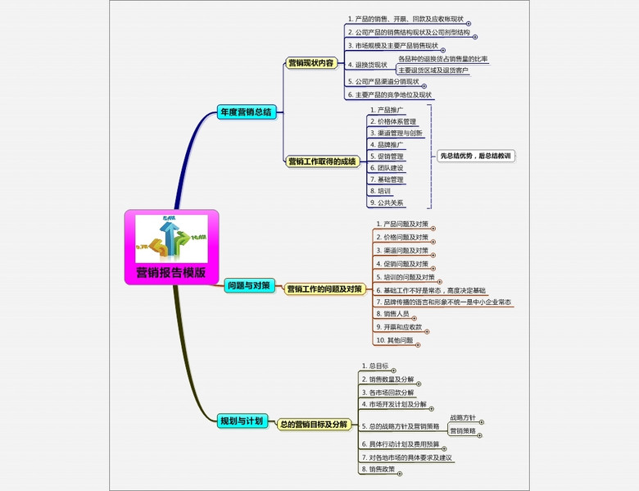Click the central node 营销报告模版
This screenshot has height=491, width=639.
coord(171,273)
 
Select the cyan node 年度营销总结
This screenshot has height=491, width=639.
coord(245,112)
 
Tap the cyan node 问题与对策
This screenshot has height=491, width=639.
coord(247,286)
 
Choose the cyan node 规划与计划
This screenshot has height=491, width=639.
coord(241,421)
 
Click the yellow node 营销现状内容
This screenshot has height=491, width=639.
coord(310,62)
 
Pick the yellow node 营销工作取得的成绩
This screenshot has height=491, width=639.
coord(322,161)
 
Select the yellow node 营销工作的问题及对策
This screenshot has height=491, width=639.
coord(324,289)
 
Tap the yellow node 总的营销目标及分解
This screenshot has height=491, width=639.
coord(313,425)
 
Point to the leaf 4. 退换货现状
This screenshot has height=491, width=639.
coord(367,65)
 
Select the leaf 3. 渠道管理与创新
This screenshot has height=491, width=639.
coord(396,133)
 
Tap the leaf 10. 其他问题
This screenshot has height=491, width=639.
coord(393,339)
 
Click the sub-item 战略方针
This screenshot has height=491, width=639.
coord(463,418)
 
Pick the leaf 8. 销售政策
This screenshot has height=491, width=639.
coord(378,470)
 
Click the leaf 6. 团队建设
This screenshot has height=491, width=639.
coord(386,167)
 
